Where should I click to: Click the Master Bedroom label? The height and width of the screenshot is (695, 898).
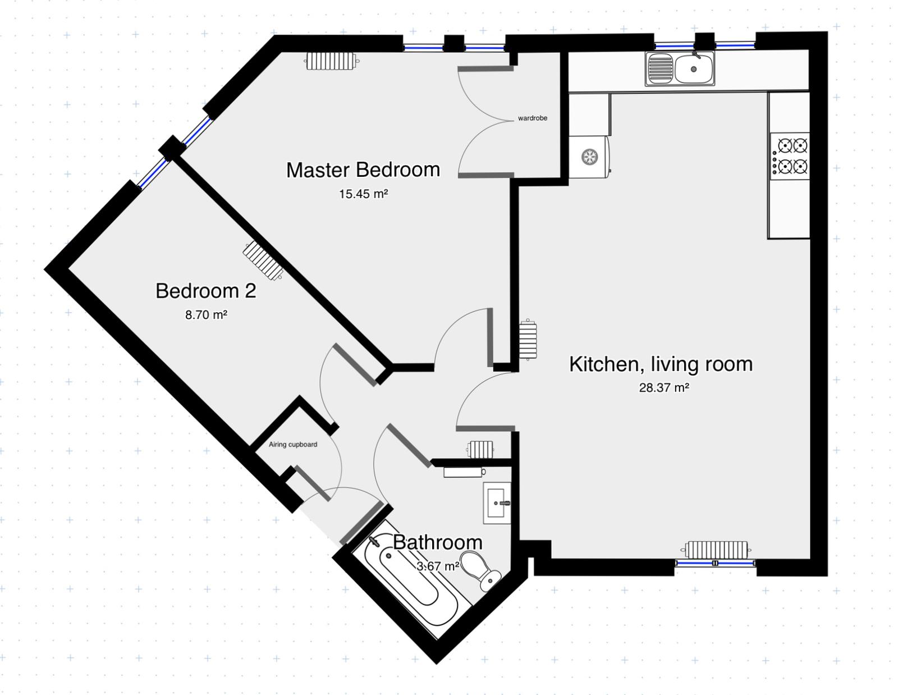pyautogui.click(x=363, y=170)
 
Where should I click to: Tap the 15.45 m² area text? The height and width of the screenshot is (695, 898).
pyautogui.click(x=364, y=194)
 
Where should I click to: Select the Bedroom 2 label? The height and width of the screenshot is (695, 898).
pyautogui.click(x=206, y=291)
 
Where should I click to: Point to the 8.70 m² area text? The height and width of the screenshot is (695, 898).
pyautogui.click(x=206, y=315)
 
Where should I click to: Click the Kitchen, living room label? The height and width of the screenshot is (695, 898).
pyautogui.click(x=661, y=364)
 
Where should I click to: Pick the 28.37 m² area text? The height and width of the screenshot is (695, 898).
pyautogui.click(x=664, y=387)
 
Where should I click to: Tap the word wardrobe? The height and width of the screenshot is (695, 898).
pyautogui.click(x=533, y=118)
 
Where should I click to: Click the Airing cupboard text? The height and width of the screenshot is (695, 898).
pyautogui.click(x=293, y=445)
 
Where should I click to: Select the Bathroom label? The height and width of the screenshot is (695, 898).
pyautogui.click(x=438, y=542)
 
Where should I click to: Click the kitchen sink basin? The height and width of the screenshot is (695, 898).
pyautogui.click(x=694, y=69)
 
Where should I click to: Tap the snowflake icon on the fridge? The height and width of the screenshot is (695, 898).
pyautogui.click(x=589, y=157)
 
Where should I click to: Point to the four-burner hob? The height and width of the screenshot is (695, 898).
pyautogui.click(x=790, y=156)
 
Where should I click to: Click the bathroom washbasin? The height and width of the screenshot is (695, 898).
pyautogui.click(x=497, y=503)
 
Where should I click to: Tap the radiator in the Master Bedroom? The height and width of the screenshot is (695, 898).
pyautogui.click(x=332, y=62)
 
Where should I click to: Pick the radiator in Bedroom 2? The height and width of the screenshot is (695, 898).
pyautogui.click(x=263, y=260)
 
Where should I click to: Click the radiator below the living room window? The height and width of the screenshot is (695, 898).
pyautogui.click(x=716, y=550)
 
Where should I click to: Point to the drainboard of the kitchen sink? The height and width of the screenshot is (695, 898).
pyautogui.click(x=660, y=69)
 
